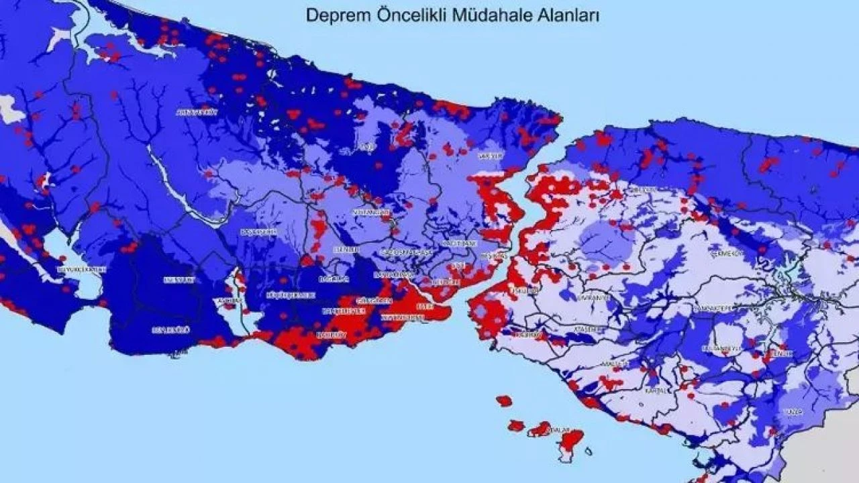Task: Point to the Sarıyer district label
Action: (x=490, y=156)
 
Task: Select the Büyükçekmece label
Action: (x=82, y=269)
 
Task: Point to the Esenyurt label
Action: (x=179, y=279)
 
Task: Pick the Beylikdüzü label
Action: (x=171, y=329)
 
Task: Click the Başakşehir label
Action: (x=258, y=231)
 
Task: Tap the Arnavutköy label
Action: (x=197, y=113)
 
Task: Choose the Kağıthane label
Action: (x=460, y=243)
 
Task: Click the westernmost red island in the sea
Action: (x=504, y=401)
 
